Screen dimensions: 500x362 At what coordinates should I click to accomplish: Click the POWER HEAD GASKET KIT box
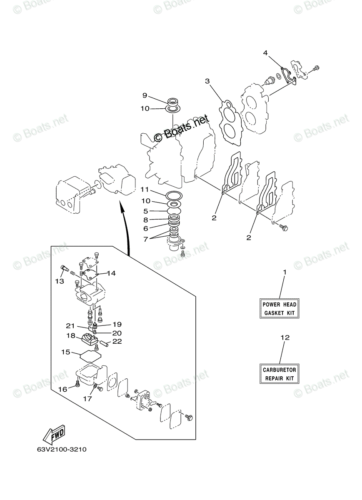click(280, 309)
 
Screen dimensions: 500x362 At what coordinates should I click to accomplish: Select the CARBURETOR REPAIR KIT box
click(279, 374)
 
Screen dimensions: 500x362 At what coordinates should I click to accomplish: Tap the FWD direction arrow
click(54, 436)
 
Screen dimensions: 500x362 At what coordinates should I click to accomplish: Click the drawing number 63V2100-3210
click(61, 450)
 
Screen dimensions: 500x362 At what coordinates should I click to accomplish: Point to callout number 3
click(207, 81)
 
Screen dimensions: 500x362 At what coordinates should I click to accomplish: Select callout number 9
click(145, 95)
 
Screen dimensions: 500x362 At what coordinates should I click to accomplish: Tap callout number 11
click(145, 190)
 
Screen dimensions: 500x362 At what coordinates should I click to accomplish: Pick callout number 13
click(59, 281)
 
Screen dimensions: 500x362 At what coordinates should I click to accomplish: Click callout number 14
click(111, 273)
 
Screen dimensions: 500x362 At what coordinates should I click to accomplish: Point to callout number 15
click(65, 352)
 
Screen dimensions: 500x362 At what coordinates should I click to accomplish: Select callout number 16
click(62, 389)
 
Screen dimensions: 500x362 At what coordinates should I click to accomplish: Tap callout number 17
click(87, 399)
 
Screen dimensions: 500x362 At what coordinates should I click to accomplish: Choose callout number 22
click(117, 342)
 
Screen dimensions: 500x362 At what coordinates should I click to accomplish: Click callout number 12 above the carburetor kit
click(285, 337)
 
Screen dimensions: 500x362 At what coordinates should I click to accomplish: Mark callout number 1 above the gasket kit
click(285, 272)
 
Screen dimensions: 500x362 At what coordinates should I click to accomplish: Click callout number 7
click(145, 239)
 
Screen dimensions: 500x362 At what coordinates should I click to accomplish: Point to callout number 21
click(70, 326)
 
